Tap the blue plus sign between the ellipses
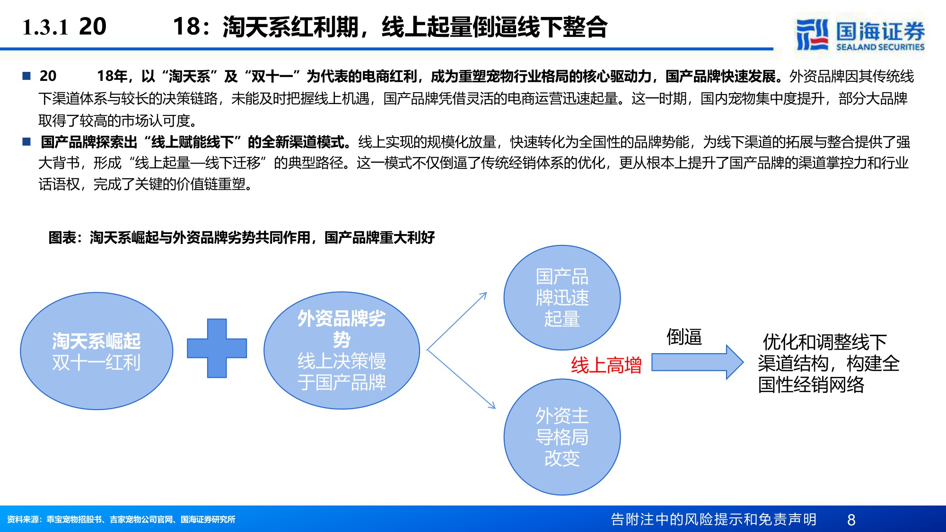217,348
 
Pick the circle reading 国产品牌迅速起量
562,297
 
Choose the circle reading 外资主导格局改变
562,437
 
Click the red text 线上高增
606,365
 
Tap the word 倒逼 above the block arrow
684,337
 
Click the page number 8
851,520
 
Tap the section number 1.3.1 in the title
45,27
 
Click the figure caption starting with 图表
241,237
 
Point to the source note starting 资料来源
121,519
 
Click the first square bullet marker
26,76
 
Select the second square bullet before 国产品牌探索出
26,141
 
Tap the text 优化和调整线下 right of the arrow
824,342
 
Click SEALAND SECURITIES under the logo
880,47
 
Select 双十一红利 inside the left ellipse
96,363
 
